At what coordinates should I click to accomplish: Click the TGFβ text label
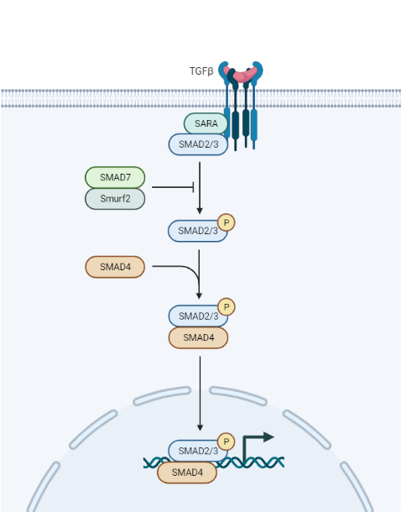coord(201,71)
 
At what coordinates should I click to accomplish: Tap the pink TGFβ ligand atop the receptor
coord(241,76)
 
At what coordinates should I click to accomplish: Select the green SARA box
coord(206,123)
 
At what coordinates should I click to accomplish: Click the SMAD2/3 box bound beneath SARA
coord(198,144)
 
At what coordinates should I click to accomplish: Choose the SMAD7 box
coord(115,177)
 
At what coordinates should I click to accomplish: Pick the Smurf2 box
coord(115,199)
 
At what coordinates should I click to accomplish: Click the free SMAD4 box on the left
coord(115,267)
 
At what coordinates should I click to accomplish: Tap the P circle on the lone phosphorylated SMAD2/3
coord(227,222)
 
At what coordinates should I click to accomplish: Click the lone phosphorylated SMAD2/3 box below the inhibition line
coord(196,231)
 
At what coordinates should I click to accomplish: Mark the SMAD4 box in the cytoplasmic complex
coord(198,337)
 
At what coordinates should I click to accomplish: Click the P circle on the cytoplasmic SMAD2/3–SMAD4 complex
coord(227,307)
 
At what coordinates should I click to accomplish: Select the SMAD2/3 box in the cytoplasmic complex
coord(196,316)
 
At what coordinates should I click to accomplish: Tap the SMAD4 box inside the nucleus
coord(186,473)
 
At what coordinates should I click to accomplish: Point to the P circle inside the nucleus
coord(226,441)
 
